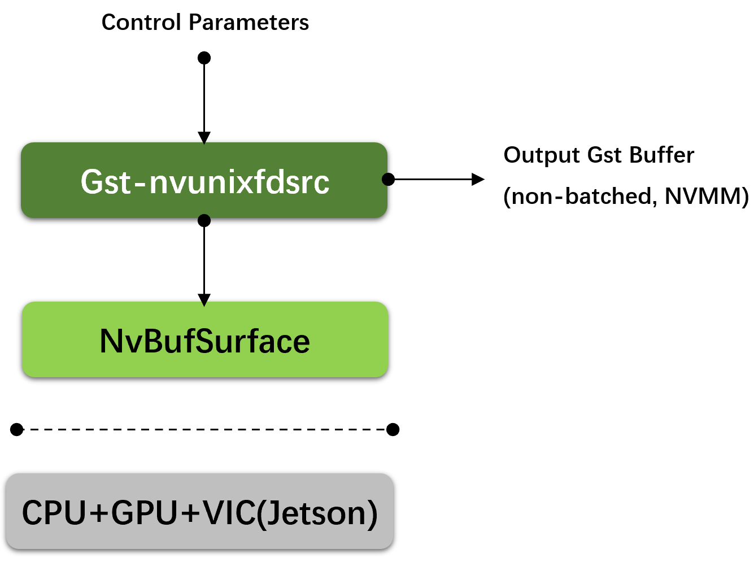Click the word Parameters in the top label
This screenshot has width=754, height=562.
249,23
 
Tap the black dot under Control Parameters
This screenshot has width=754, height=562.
204,58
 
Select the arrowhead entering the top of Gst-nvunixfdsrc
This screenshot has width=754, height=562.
204,138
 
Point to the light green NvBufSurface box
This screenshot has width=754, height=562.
204,340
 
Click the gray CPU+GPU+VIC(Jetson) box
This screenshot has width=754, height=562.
199,512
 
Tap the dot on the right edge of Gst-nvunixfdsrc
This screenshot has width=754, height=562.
388,179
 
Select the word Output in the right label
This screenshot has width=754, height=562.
542,155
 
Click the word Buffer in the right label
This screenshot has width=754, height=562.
661,155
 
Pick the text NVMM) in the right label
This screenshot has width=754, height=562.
707,196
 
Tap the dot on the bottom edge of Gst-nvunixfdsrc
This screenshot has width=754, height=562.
204,220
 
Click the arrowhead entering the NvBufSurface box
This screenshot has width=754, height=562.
204,299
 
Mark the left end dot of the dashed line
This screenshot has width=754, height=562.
17,430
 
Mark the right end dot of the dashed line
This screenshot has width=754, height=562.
393,430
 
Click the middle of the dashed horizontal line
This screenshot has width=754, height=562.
205,430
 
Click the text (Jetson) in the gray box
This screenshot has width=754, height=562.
317,513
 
